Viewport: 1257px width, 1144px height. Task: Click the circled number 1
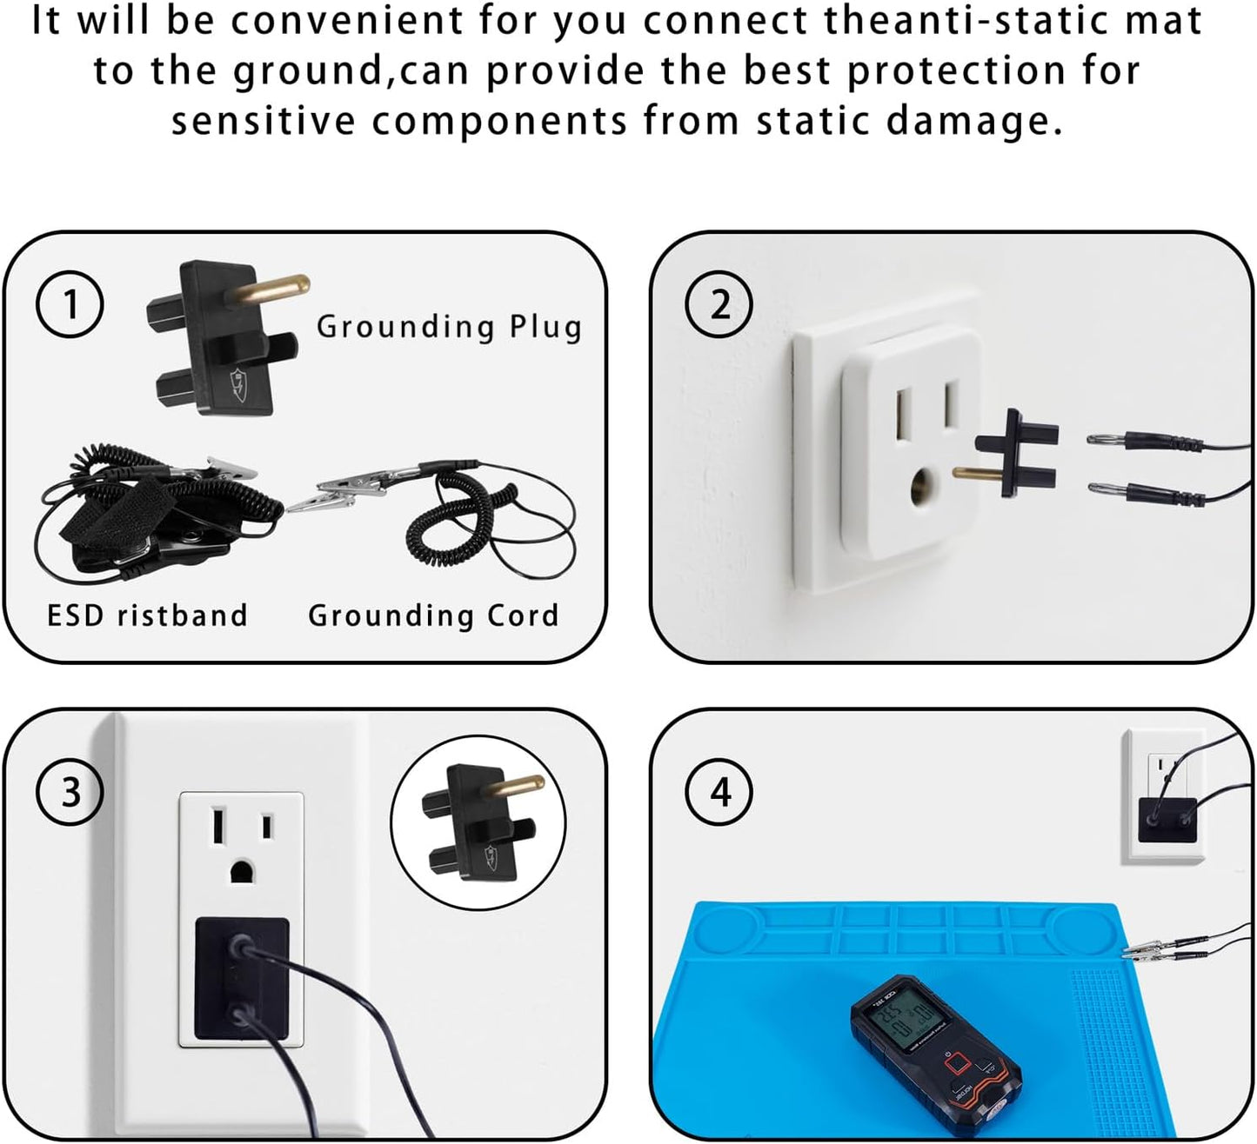pyautogui.click(x=70, y=304)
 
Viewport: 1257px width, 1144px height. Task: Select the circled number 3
pyautogui.click(x=70, y=792)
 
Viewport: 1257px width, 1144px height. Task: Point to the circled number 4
pyautogui.click(x=719, y=792)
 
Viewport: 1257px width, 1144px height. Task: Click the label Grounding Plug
pyautogui.click(x=449, y=327)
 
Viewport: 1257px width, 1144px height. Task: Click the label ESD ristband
pyautogui.click(x=147, y=615)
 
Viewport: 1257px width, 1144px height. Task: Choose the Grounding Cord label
pyautogui.click(x=433, y=615)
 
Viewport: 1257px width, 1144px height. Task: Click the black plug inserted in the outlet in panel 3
pyautogui.click(x=241, y=978)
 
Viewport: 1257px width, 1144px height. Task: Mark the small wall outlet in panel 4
pyautogui.click(x=1162, y=795)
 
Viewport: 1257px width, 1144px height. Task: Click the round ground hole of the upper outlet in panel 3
pyautogui.click(x=241, y=871)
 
